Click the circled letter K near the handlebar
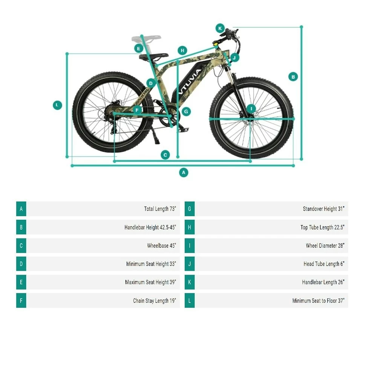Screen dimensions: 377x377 click(x=220, y=28)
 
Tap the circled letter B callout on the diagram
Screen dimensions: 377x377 click(x=293, y=77)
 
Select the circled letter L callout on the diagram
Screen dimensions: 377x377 click(x=57, y=105)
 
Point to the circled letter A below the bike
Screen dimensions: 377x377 click(x=184, y=173)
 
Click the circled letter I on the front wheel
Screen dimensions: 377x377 click(x=251, y=109)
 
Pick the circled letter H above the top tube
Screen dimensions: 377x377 click(x=182, y=51)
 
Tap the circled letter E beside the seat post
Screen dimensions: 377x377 click(x=139, y=48)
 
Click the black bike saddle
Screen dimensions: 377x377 click(x=152, y=57)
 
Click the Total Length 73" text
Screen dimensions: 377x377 click(x=160, y=209)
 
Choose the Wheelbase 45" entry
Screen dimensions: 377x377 click(x=161, y=246)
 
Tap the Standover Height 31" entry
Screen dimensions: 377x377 click(x=323, y=209)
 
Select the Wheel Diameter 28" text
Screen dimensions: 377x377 click(x=325, y=246)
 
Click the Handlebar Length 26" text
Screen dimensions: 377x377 click(x=323, y=282)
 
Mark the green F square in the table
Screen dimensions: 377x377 click(x=21, y=301)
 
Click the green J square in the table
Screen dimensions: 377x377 click(x=190, y=264)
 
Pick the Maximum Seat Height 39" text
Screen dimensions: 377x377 click(x=150, y=282)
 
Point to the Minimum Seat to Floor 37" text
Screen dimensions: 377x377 click(x=318, y=301)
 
